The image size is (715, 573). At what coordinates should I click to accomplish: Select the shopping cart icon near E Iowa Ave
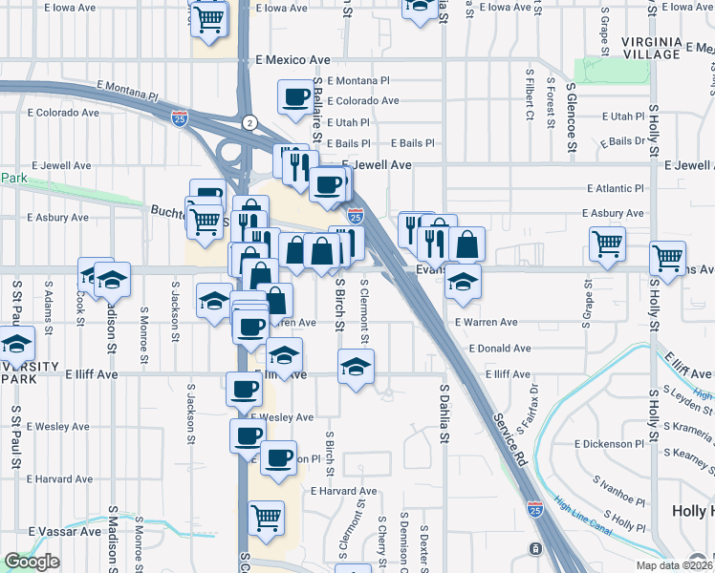(x=210, y=19)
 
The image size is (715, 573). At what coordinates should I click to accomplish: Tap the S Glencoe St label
(x=572, y=117)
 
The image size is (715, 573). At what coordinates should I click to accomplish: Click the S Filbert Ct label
(x=530, y=95)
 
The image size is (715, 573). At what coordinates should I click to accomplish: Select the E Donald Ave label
(x=499, y=349)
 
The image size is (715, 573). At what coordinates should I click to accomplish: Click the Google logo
(x=32, y=561)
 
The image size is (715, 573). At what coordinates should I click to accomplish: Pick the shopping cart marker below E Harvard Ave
(x=265, y=520)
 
